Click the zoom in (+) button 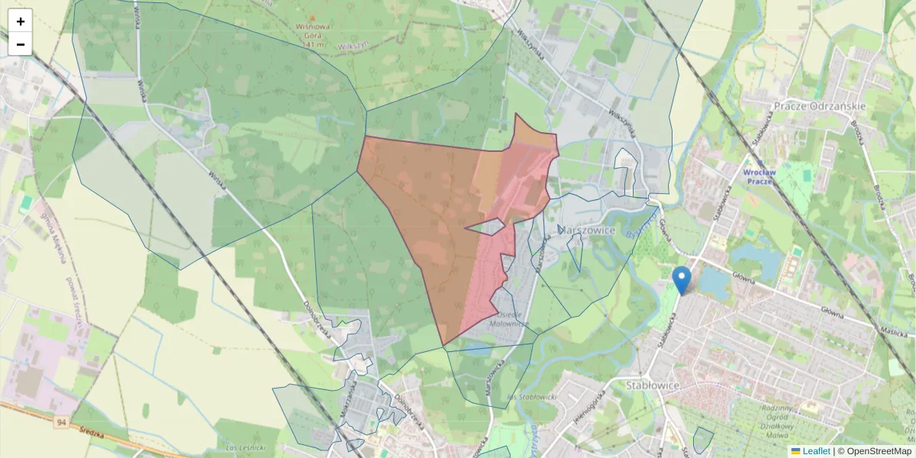click(21, 21)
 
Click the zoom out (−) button click(21, 44)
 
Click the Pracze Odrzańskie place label click(819, 106)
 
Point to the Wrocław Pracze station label click(759, 177)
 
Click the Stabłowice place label click(652, 385)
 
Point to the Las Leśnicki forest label click(246, 447)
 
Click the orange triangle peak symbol click(312, 17)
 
